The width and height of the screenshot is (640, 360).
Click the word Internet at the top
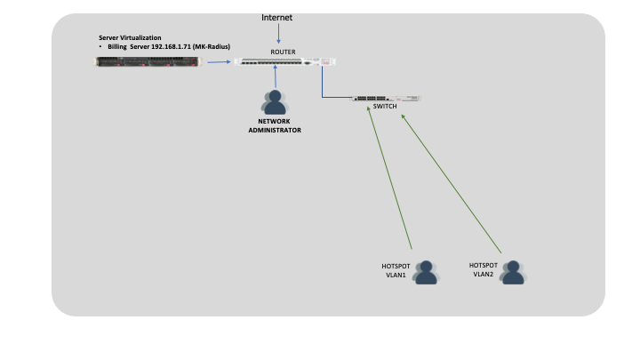pos(276,17)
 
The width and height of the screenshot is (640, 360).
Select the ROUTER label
pos(283,52)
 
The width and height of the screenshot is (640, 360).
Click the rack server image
pos(148,61)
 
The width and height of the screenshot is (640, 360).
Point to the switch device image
pos(385,98)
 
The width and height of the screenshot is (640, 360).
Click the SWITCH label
pos(385,106)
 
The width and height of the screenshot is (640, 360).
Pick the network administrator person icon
pos(275,101)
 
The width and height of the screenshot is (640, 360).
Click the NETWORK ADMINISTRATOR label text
pos(275,126)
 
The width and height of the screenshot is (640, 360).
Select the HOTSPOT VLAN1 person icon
pos(426,272)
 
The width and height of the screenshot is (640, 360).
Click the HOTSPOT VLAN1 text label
pos(396,269)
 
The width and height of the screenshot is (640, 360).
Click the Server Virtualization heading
pos(130,38)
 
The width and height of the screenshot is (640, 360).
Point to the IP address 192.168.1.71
pos(173,46)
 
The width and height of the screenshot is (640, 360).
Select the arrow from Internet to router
pos(279,34)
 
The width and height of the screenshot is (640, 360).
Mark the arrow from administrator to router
pos(276,77)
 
